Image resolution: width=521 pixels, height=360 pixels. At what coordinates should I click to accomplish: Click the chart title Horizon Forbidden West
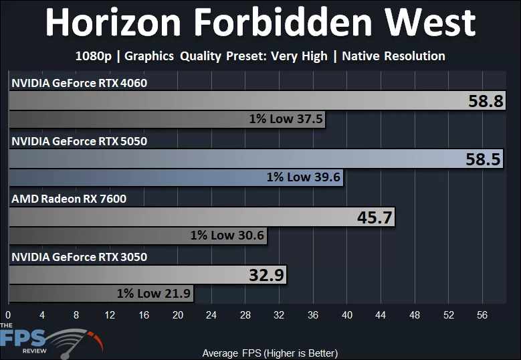pyautogui.click(x=260, y=23)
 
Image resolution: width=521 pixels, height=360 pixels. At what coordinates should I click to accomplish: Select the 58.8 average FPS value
pyautogui.click(x=486, y=102)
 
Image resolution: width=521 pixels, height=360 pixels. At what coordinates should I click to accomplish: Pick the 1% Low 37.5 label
pyautogui.click(x=286, y=119)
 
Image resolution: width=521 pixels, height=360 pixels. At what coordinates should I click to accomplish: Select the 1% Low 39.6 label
pyautogui.click(x=303, y=177)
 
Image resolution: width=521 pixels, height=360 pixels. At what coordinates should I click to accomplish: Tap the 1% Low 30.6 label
pyautogui.click(x=227, y=235)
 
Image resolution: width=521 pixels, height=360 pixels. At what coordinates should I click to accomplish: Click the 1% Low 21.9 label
pyautogui.click(x=154, y=292)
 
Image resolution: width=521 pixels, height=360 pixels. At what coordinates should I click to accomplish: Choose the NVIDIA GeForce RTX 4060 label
pyautogui.click(x=79, y=83)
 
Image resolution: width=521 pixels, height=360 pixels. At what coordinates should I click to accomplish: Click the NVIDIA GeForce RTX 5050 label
pyautogui.click(x=79, y=141)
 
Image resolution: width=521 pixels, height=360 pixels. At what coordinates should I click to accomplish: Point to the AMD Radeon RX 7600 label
pyautogui.click(x=68, y=199)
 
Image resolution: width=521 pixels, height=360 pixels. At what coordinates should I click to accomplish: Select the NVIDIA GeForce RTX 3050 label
pyautogui.click(x=79, y=256)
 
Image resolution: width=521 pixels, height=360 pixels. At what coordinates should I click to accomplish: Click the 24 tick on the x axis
pyautogui.click(x=211, y=314)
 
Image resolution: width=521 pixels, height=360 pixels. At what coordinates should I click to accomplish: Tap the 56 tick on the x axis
pyautogui.click(x=483, y=314)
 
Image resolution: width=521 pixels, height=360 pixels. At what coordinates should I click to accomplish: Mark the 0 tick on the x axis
pyautogui.click(x=8, y=314)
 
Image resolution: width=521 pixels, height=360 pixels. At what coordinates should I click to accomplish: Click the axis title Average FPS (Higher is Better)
pyautogui.click(x=270, y=353)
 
